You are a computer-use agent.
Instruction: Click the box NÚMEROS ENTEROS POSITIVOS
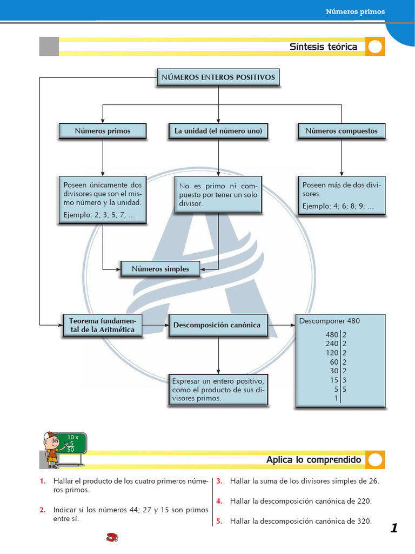[x=218, y=77]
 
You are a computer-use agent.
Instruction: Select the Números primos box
[x=102, y=131]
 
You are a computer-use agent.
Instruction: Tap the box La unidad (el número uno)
[x=218, y=131]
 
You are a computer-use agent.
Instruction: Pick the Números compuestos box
[x=342, y=131]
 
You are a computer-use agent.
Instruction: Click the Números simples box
[x=160, y=269]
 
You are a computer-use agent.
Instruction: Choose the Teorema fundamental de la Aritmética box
[x=102, y=325]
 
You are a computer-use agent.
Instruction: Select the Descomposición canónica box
[x=218, y=325]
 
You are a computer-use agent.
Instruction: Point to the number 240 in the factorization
[x=332, y=344]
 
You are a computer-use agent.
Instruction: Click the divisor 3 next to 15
[x=344, y=380]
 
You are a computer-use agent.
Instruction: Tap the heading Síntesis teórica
[x=323, y=47]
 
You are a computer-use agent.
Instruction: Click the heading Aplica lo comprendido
[x=314, y=460]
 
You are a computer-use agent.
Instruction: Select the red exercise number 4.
[x=219, y=501]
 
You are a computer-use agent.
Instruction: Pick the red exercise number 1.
[x=43, y=481]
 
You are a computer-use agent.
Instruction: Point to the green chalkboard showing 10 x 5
[x=72, y=444]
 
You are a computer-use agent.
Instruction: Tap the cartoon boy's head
[x=51, y=440]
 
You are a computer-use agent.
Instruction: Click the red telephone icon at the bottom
[x=112, y=537]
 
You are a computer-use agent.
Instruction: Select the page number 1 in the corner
[x=394, y=528]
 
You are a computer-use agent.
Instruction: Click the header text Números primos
[x=356, y=12]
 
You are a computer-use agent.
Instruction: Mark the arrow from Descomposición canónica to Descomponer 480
[x=282, y=325]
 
